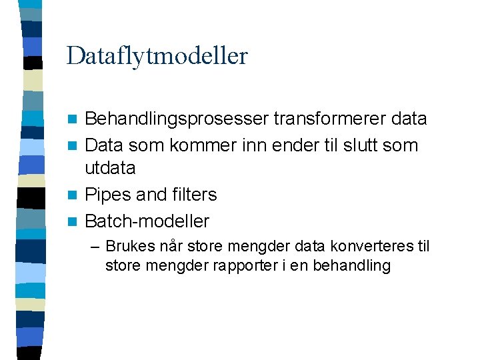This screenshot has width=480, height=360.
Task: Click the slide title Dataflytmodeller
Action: (x=157, y=56)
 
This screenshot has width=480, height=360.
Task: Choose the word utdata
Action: (x=111, y=168)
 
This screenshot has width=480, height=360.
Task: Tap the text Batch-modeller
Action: (x=147, y=221)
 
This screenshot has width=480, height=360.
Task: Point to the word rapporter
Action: (x=239, y=265)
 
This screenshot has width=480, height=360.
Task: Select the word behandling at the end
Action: (x=356, y=265)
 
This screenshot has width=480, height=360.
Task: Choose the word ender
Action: (x=288, y=145)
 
